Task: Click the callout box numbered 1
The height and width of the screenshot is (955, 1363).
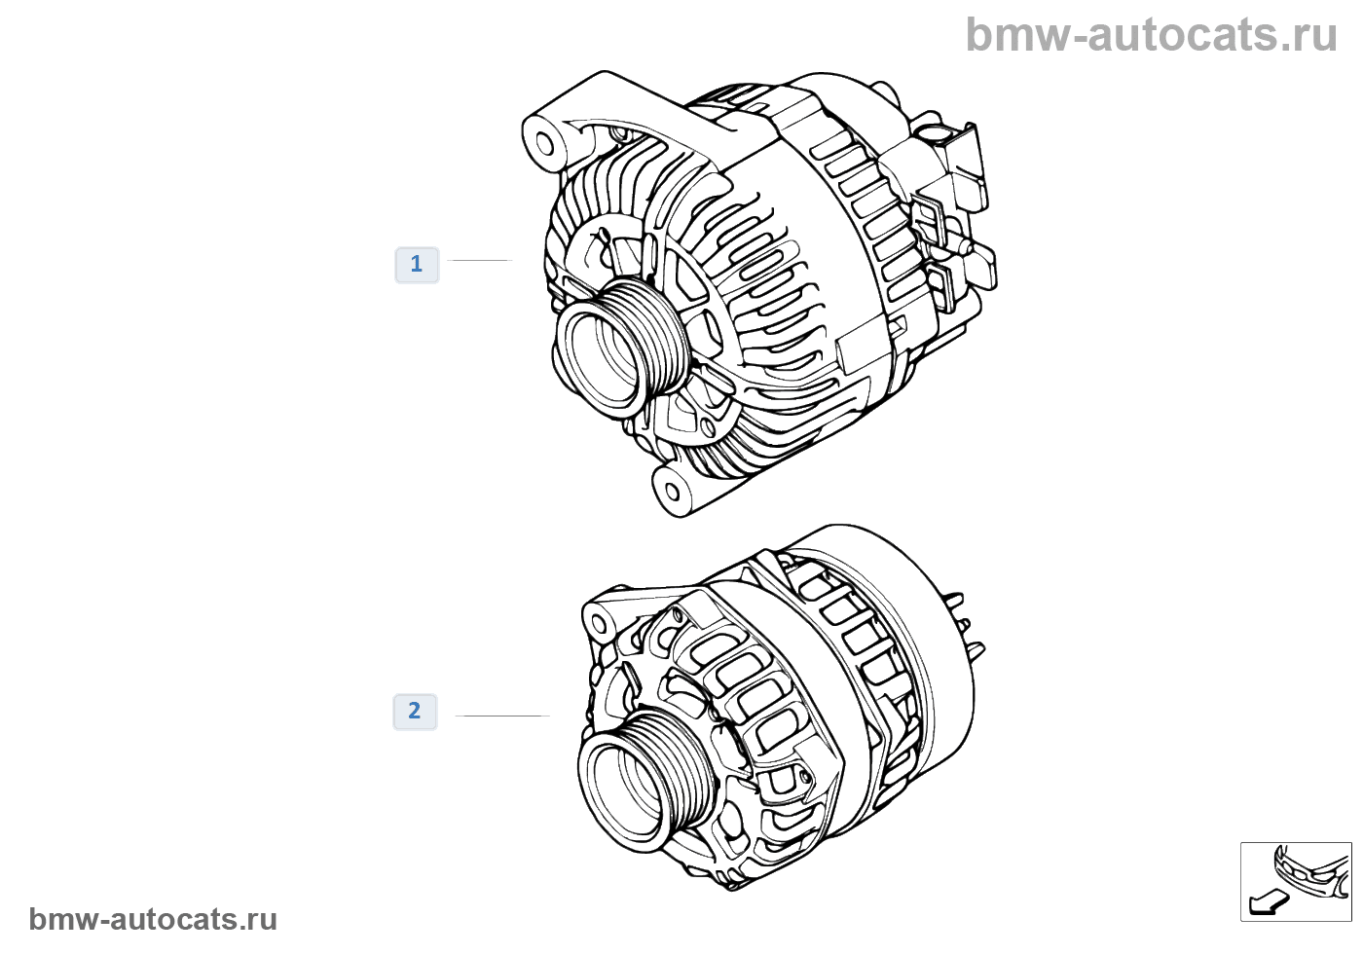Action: [417, 264]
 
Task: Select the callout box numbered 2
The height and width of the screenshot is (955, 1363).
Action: [415, 711]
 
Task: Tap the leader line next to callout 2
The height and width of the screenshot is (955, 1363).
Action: [502, 716]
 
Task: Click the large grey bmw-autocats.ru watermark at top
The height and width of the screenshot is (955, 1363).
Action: [1151, 36]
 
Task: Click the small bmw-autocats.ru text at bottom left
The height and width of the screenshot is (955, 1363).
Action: [153, 919]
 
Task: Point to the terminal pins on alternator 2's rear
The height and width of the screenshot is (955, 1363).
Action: [964, 623]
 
